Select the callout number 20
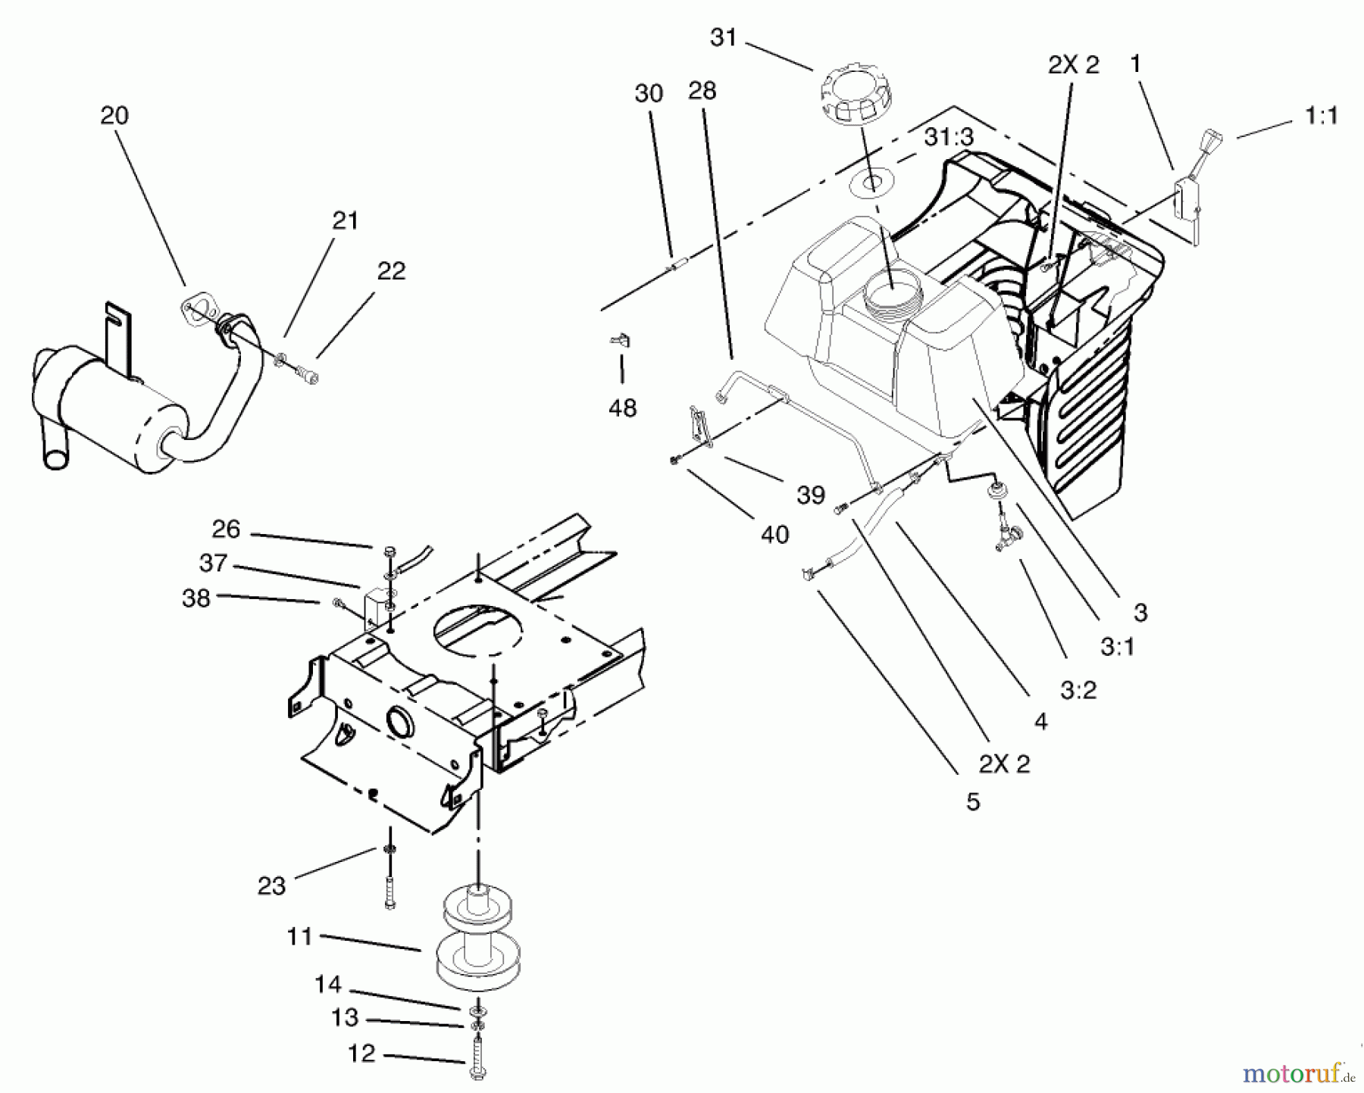(x=114, y=115)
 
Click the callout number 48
(x=622, y=408)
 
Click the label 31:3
(x=949, y=137)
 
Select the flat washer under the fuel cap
(x=873, y=182)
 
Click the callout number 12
(x=361, y=1054)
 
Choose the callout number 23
(x=271, y=885)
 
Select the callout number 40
(x=774, y=535)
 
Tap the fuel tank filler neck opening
(x=892, y=292)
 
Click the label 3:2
(x=1078, y=690)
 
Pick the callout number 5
(x=973, y=802)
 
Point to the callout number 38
(x=196, y=598)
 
